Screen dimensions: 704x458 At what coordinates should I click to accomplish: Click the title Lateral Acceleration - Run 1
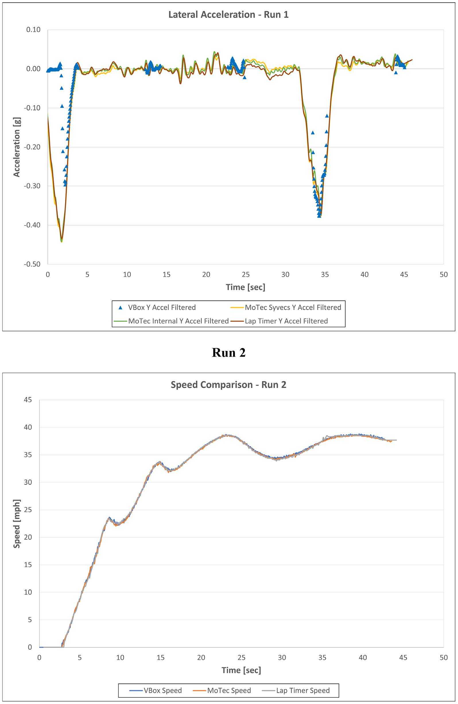click(x=228, y=15)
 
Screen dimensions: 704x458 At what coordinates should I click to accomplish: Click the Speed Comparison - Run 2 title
click(x=228, y=384)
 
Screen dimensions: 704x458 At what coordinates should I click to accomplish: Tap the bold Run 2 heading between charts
click(x=229, y=353)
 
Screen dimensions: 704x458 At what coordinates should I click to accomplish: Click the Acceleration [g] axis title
click(x=17, y=147)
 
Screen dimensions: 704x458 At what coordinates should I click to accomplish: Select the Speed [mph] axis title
click(x=17, y=524)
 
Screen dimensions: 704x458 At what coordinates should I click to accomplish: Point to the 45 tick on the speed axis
click(x=28, y=400)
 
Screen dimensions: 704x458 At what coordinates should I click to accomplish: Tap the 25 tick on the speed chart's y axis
click(x=28, y=510)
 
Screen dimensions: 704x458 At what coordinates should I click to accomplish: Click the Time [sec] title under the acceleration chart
click(x=246, y=287)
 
